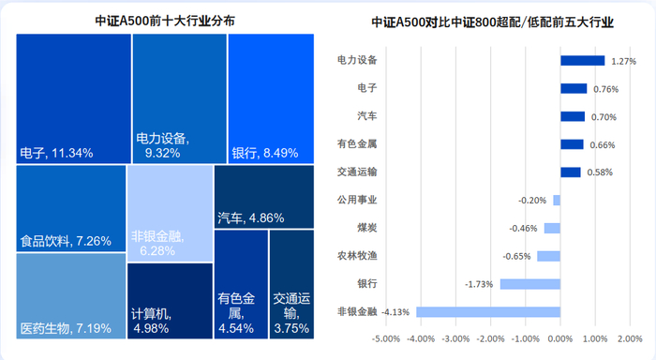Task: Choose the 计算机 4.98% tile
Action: pos(170,300)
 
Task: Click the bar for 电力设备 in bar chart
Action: pos(582,61)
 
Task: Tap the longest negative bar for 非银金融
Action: pos(488,311)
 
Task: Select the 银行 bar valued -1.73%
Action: pos(529,283)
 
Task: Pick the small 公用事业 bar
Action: pos(556,200)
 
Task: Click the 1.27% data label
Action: pos(623,61)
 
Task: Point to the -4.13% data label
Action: pos(396,311)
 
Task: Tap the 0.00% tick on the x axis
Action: pos(559,338)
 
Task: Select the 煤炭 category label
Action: pos(347,228)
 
